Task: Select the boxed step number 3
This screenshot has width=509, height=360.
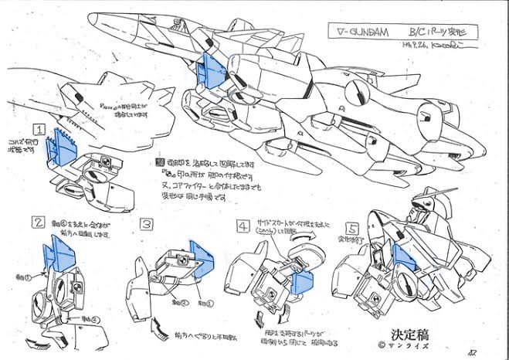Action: click(145, 224)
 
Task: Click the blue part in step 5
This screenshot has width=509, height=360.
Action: click(403, 258)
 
